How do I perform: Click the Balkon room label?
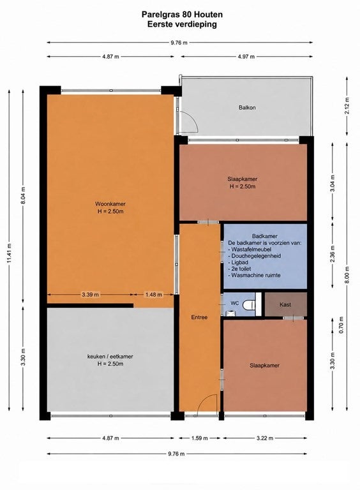tap(247, 107)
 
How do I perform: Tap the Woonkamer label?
tap(110, 204)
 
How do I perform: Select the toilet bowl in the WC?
tap(250, 305)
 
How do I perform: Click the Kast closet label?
tap(285, 305)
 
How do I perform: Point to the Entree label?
tap(199, 317)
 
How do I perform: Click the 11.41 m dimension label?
tap(10, 253)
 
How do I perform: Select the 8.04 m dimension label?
tap(24, 195)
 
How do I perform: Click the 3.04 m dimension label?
tap(333, 182)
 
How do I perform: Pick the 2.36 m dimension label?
tap(333, 253)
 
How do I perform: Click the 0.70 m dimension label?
tap(341, 325)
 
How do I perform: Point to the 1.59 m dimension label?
tap(199, 438)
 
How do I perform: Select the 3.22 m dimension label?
tap(265, 438)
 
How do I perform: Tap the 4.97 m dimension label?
tap(246, 57)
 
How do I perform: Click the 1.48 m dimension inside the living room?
tap(153, 294)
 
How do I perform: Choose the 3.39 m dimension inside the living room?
tap(90, 294)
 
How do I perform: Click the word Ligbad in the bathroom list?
tap(239, 262)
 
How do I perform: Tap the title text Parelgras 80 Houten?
tap(182, 15)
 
